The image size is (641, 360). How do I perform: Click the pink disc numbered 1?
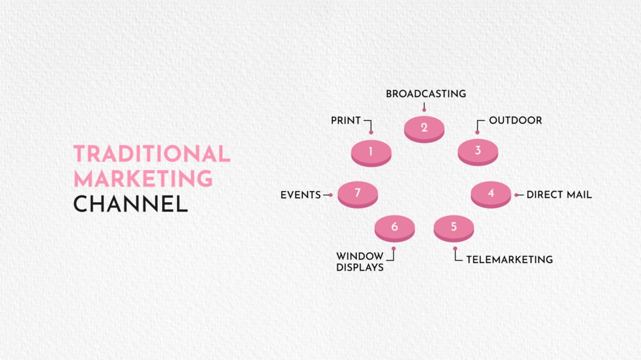coord(371,152)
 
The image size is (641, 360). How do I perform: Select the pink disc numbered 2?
coord(424,129)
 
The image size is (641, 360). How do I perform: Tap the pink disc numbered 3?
coord(478,152)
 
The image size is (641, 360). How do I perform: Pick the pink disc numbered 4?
coord(491,194)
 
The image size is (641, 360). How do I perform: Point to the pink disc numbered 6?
coord(394,228)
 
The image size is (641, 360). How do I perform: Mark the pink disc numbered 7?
coord(357,194)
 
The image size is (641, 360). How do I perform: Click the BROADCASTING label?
coord(426,94)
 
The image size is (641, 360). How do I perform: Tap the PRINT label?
coord(346,120)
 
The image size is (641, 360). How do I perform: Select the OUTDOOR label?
coord(515,120)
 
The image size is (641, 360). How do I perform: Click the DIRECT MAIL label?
coord(559,195)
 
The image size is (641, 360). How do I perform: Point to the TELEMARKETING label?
coord(510,259)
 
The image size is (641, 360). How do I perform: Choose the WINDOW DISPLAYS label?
coord(360,262)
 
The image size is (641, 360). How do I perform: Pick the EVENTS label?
coord(300,195)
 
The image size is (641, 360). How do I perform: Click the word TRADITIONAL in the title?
coord(151,154)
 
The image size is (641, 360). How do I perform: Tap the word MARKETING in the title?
coord(143,178)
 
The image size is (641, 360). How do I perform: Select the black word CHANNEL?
coord(130,203)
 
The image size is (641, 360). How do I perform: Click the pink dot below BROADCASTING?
coord(424,110)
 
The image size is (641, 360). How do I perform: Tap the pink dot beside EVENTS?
coord(331,195)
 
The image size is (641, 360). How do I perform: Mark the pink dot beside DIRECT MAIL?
coord(517,195)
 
